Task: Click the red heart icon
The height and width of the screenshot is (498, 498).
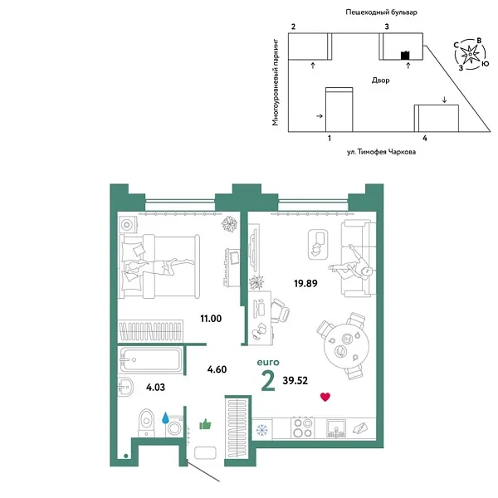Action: tap(325, 397)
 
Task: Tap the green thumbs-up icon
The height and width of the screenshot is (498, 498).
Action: tap(205, 425)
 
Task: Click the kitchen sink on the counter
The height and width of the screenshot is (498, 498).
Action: tap(337, 428)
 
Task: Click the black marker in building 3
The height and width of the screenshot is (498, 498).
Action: tap(405, 56)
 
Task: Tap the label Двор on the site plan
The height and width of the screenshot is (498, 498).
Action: tap(381, 81)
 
